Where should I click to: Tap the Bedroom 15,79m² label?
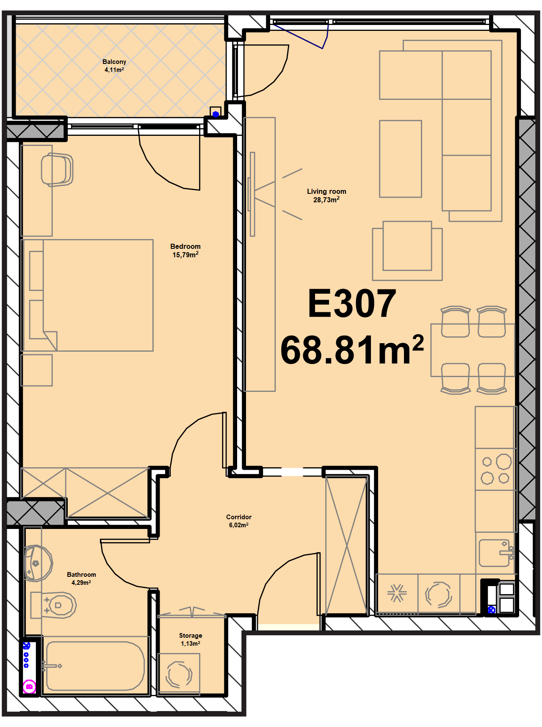[185, 251]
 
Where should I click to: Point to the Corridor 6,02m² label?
[239, 521]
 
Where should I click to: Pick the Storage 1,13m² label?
[191, 639]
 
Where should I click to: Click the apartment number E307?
[352, 303]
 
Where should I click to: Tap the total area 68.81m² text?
[352, 350]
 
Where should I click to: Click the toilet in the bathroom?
[54, 605]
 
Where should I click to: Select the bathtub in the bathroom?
[95, 666]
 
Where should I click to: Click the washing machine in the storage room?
[179, 674]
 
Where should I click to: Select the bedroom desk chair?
[57, 169]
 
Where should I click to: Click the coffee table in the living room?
[401, 159]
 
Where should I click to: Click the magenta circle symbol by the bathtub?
[30, 686]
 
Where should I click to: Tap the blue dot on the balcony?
[216, 114]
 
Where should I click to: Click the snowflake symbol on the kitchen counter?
[397, 593]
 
